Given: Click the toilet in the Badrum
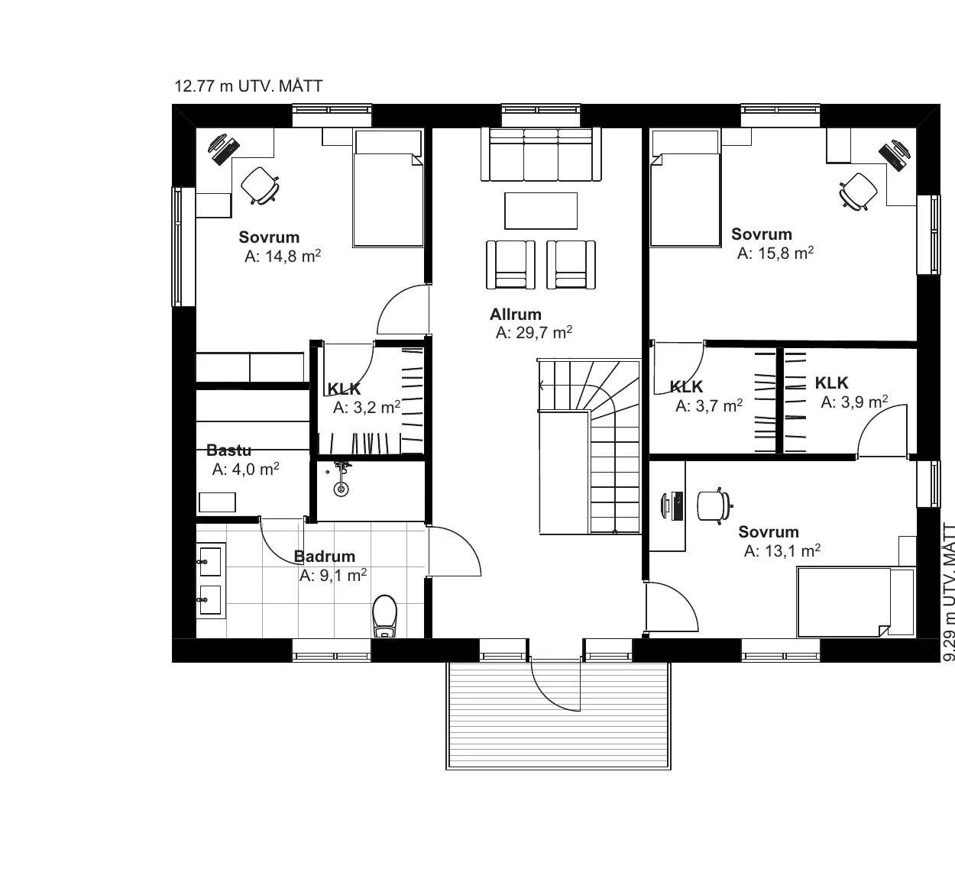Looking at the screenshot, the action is [x=384, y=615].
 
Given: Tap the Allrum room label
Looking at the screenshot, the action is [x=516, y=315].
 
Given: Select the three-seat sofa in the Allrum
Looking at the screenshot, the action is [x=541, y=153].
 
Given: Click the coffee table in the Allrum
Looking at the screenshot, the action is [x=541, y=211].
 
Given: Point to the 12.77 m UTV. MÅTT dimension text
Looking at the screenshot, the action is [x=248, y=86].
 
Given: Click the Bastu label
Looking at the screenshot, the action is [x=228, y=450].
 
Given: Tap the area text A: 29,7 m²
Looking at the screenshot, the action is [x=534, y=332].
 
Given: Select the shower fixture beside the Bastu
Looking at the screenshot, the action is [x=342, y=479].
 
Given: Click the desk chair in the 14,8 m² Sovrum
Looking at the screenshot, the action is [x=260, y=186].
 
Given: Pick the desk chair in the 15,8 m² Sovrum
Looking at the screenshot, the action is [x=859, y=192].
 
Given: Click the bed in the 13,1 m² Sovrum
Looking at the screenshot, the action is [x=856, y=602].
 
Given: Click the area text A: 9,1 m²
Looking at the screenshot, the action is [x=333, y=576].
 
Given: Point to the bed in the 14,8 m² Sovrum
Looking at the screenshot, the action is [x=388, y=188].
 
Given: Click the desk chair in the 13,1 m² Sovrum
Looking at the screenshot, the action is [x=715, y=506].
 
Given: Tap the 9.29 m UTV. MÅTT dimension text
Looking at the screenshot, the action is [x=948, y=592].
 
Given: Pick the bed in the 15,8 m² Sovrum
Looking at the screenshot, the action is [x=685, y=188].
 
